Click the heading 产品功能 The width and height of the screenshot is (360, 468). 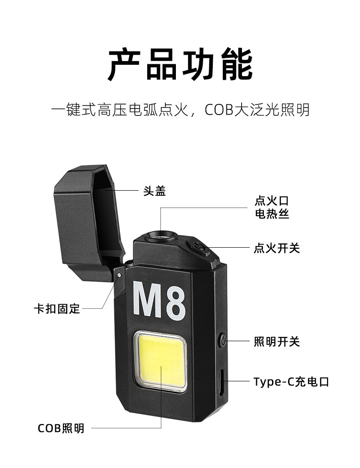pyautogui.click(x=180, y=66)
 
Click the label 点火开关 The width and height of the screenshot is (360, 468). pyautogui.click(x=277, y=249)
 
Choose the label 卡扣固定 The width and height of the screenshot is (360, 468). pyautogui.click(x=57, y=309)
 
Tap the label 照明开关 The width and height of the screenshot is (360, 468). pyautogui.click(x=277, y=341)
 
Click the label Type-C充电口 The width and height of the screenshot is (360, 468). pyautogui.click(x=291, y=381)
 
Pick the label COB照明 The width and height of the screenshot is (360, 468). pyautogui.click(x=61, y=428)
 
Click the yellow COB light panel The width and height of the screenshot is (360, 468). pyautogui.click(x=162, y=360)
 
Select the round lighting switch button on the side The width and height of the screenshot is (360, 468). pyautogui.click(x=222, y=340)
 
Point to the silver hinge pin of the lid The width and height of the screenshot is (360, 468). pyautogui.click(x=119, y=275)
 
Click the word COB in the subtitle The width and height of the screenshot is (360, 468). pyautogui.click(x=219, y=110)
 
